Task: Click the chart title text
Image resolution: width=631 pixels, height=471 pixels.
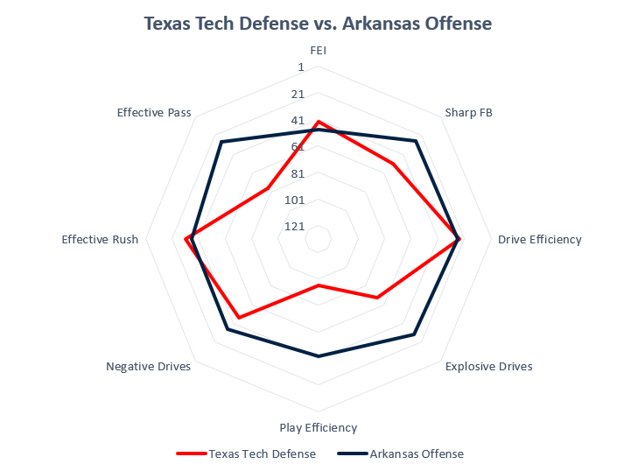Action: pos(318,24)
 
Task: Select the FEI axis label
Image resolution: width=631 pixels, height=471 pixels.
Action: pos(318,51)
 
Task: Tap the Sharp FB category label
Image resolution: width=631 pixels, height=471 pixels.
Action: pos(468,112)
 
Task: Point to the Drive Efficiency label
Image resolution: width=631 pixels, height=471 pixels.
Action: pos(539,239)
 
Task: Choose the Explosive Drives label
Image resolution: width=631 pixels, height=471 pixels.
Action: pos(488,367)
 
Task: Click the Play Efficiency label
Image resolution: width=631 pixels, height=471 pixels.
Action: pos(318,428)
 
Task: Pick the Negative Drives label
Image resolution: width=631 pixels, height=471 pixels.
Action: pos(148,367)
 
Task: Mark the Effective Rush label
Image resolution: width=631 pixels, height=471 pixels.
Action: pos(100,239)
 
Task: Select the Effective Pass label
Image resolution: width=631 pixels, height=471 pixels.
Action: pos(154,112)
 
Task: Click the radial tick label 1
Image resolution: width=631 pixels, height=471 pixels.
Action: pos(300,67)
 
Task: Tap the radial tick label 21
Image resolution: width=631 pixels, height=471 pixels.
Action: pos(298,94)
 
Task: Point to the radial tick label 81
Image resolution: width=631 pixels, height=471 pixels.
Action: pos(298,173)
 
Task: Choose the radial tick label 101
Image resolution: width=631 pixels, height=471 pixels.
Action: pos(294,200)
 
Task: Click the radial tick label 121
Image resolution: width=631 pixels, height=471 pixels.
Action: pos(294,227)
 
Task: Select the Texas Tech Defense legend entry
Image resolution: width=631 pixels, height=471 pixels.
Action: pos(246,453)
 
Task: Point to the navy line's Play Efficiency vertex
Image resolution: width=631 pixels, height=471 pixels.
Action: pos(319,356)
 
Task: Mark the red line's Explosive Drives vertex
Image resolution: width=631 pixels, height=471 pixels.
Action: pos(377,298)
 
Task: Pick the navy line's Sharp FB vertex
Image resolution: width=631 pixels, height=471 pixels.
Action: pos(416,141)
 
